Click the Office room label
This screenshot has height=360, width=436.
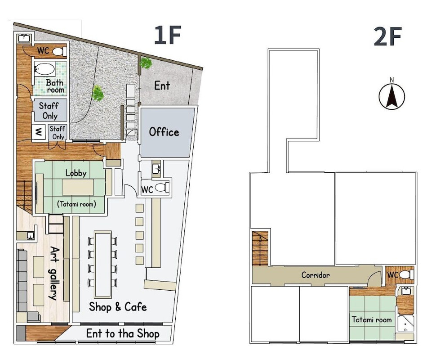[x=164, y=132]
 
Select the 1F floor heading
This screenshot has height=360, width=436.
[x=168, y=35]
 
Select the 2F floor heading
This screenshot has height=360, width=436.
[x=387, y=36]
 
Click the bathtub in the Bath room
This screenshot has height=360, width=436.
[x=44, y=69]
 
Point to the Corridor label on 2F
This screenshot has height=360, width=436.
[x=316, y=275]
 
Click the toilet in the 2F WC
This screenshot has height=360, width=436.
[x=407, y=275]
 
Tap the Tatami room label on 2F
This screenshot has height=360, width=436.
[x=371, y=319]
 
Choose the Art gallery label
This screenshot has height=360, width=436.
[x=53, y=273]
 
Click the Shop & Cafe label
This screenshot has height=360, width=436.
[x=118, y=307]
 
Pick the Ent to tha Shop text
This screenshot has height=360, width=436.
[x=123, y=333]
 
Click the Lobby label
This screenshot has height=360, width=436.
[x=76, y=173]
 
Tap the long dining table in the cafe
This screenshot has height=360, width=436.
[x=103, y=265]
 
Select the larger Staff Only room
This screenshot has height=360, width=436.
[x=50, y=111]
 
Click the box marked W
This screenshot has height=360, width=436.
[x=39, y=132]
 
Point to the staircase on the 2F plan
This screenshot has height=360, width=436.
[x=260, y=248]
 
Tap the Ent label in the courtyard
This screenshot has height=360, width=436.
[x=162, y=86]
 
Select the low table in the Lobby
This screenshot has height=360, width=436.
[x=78, y=187]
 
